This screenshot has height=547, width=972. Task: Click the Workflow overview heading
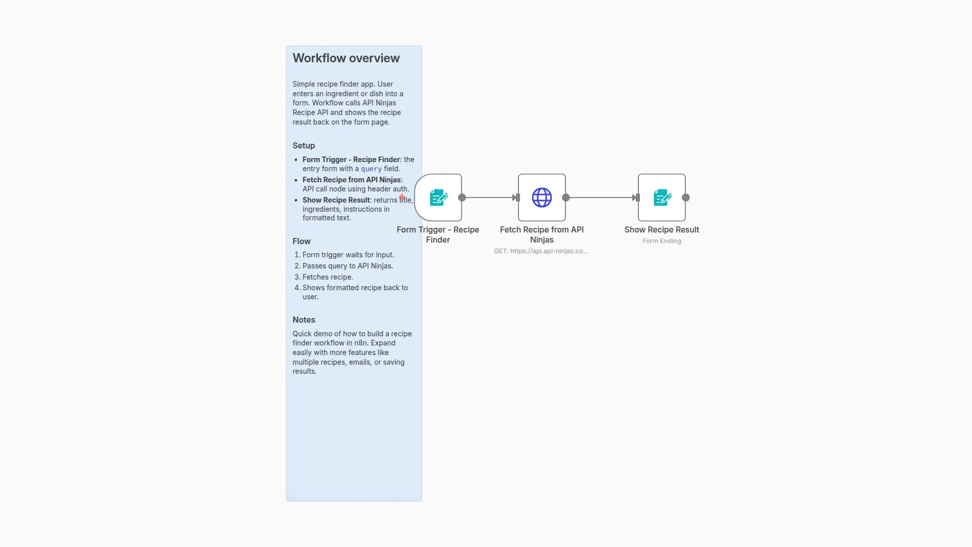tap(346, 58)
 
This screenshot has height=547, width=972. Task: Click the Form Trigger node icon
tap(438, 198)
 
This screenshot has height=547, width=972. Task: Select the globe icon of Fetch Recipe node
tap(542, 198)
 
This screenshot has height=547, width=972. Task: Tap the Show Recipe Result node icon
tap(662, 198)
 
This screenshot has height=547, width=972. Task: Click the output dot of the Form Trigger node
tap(462, 198)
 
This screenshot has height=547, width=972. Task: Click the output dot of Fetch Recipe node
tap(566, 198)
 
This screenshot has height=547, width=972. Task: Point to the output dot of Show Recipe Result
tap(686, 198)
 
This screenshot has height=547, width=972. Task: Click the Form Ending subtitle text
tap(662, 241)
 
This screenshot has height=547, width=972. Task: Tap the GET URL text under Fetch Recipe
tap(541, 251)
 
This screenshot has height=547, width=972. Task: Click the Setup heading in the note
tap(304, 145)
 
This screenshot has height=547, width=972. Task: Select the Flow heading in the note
tap(301, 241)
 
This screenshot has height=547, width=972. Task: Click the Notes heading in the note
tap(304, 320)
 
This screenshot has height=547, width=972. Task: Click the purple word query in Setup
tap(371, 169)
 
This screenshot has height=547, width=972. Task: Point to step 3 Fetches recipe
tap(328, 277)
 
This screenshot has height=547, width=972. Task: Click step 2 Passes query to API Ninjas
tap(347, 266)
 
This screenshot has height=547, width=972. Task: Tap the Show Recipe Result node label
tap(662, 229)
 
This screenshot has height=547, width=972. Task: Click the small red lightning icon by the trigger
tap(402, 198)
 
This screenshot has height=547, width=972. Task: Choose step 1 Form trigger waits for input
tap(348, 255)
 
